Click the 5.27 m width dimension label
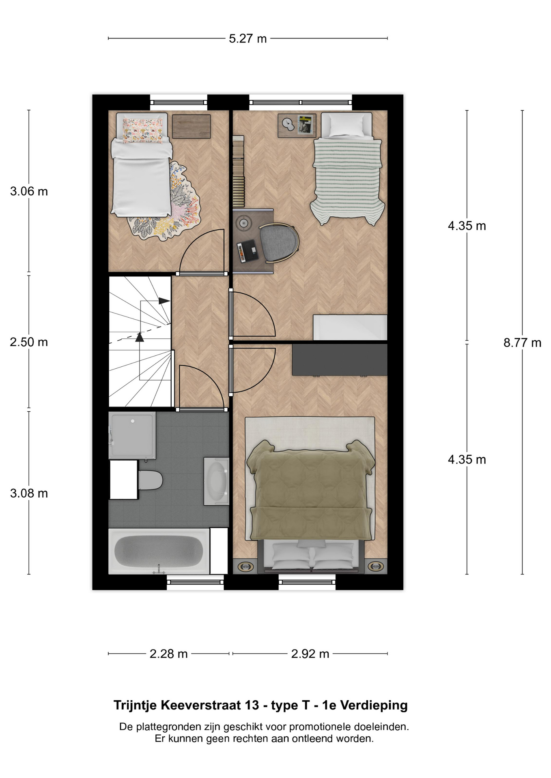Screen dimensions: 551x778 pyautogui.click(x=248, y=38)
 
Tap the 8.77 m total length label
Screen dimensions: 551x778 pyautogui.click(x=522, y=343)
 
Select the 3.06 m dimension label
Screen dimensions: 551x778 pyautogui.click(x=29, y=191)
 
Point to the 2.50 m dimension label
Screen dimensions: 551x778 pyautogui.click(x=29, y=342)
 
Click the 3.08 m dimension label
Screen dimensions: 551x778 pyautogui.click(x=29, y=493)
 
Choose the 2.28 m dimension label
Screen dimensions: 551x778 pyautogui.click(x=168, y=654)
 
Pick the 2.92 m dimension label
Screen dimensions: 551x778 pyautogui.click(x=310, y=654)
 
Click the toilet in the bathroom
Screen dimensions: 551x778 pyautogui.click(x=150, y=480)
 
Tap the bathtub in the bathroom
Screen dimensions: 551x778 pyautogui.click(x=159, y=551)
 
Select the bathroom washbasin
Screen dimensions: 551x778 pyautogui.click(x=216, y=481)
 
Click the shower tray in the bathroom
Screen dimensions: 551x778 pyautogui.click(x=132, y=436)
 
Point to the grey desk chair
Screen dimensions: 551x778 pyautogui.click(x=279, y=242)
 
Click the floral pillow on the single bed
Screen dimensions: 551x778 pyautogui.click(x=142, y=130)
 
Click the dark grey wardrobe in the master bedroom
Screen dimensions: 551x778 pyautogui.click(x=340, y=360)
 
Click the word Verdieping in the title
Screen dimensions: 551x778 pyautogui.click(x=374, y=705)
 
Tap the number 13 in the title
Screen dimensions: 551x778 pyautogui.click(x=252, y=705)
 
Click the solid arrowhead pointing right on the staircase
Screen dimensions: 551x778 pyautogui.click(x=164, y=301)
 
